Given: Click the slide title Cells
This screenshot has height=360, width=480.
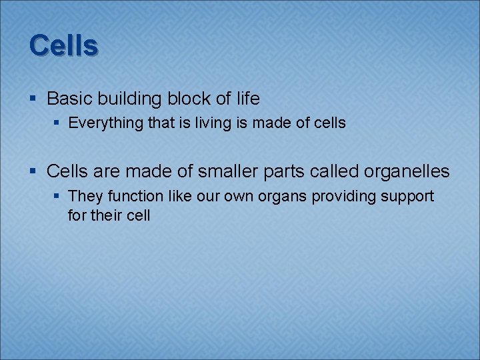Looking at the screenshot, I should [63, 45].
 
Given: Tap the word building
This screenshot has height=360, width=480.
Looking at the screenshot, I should [129, 99].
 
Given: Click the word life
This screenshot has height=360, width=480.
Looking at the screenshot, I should [247, 99].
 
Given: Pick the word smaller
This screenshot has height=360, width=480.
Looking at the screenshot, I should [223, 171].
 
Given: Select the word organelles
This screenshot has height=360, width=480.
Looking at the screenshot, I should [407, 172].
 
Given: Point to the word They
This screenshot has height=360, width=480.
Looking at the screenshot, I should [83, 196].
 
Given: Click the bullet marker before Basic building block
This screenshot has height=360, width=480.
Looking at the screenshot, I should [33, 99].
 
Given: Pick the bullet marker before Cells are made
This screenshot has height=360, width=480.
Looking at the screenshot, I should [33, 172].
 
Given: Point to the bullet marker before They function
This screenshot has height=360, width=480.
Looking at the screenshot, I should [57, 197].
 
